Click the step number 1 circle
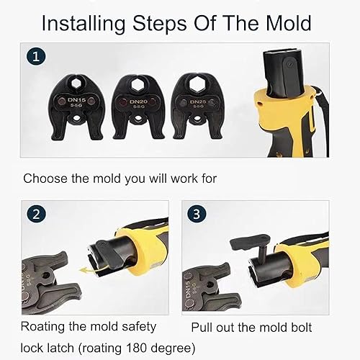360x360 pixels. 36,57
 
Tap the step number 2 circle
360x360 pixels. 36,213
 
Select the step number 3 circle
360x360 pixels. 197,213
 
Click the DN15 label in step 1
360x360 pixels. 76,99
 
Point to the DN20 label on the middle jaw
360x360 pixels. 138,102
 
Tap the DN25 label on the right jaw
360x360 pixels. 198,102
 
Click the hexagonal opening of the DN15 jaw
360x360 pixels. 76,84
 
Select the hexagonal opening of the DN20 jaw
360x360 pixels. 138,84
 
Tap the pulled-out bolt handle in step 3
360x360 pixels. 250,242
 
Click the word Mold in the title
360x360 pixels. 289,23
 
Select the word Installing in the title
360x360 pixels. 84,24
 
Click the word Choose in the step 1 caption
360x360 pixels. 45,179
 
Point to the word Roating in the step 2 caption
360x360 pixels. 43,327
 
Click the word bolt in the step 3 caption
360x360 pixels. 301,328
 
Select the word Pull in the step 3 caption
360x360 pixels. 202,328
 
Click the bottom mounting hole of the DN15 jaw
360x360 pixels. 77,118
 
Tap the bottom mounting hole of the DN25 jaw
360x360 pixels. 197,118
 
